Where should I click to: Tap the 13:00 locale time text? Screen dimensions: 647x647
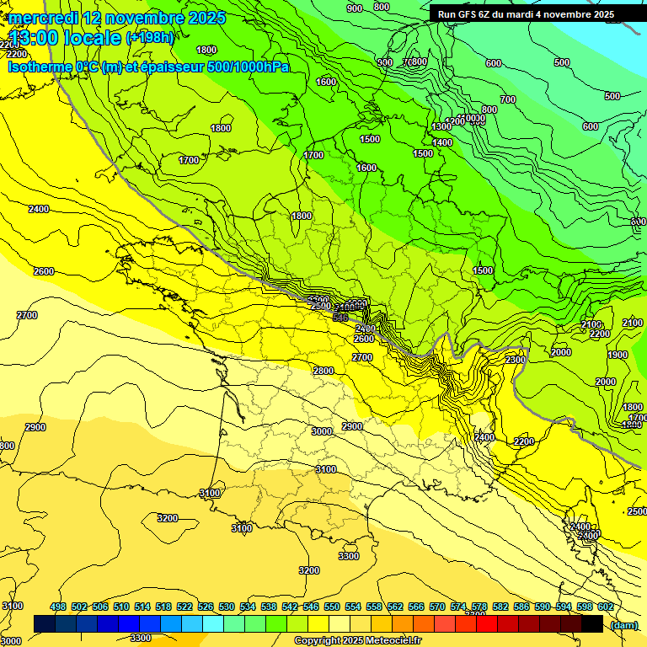point(65,38)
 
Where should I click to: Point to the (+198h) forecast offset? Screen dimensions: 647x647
point(151,38)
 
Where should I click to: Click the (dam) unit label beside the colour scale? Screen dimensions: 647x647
point(623,624)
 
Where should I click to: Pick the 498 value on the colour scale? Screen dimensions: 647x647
point(58,607)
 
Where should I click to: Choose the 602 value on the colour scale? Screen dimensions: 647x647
point(605,607)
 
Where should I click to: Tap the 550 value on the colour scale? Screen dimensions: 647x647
point(332,607)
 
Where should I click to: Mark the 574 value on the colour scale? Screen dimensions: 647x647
point(458,607)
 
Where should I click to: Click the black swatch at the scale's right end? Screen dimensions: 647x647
point(592,624)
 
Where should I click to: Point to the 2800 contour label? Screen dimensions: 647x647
point(323,371)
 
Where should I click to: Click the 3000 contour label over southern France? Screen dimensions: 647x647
point(321,431)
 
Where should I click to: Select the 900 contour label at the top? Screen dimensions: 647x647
point(355,8)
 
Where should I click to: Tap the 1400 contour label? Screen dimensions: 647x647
point(443,142)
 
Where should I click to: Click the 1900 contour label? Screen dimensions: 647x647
point(618,356)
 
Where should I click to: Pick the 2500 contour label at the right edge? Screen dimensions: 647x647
point(636,511)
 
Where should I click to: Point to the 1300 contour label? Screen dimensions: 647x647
point(441,126)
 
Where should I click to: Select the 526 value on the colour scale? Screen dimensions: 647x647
point(206,607)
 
